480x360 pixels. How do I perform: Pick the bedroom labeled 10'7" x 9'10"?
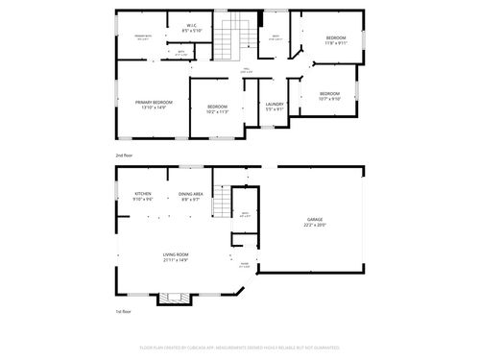coord(329,96)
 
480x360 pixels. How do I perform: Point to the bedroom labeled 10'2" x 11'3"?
coord(217,108)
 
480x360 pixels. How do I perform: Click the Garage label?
coord(316,222)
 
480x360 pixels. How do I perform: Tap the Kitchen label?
coord(143,197)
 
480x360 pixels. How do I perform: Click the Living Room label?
coord(175,257)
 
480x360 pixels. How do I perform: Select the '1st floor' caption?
coord(122,311)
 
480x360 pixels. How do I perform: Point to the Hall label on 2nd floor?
coord(246,69)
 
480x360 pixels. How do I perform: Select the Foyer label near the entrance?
coord(244,264)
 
